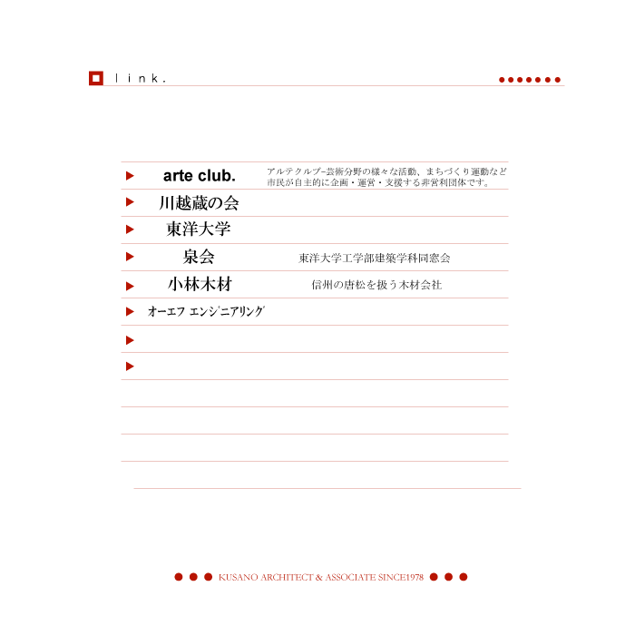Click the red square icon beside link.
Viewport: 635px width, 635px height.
(96, 78)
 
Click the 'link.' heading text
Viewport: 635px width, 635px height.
(141, 78)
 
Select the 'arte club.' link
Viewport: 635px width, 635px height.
(200, 176)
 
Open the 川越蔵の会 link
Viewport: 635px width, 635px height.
(199, 203)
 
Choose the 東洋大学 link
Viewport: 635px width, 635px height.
(199, 230)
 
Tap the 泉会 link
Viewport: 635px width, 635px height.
(199, 257)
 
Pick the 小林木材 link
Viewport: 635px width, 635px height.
(200, 284)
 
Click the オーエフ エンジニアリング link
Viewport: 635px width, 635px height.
(206, 311)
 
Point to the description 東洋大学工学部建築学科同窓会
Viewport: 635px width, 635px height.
(375, 258)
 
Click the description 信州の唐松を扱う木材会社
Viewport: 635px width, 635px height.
(376, 285)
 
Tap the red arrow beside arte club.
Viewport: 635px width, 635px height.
(130, 176)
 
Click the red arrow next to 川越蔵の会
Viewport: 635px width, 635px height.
(130, 202)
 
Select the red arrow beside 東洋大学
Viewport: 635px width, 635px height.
(130, 230)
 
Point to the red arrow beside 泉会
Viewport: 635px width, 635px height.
(130, 257)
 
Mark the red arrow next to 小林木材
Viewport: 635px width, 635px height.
(130, 287)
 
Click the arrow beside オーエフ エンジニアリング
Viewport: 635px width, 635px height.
(130, 311)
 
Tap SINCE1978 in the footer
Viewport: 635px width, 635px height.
(401, 577)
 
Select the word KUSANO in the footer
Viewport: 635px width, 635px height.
(238, 577)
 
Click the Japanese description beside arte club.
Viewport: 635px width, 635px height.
(386, 177)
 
